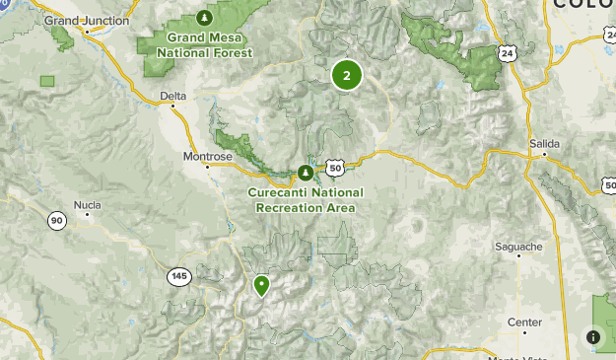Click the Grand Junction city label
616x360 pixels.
pyautogui.click(x=87, y=20)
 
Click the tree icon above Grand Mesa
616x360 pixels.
pyautogui.click(x=204, y=18)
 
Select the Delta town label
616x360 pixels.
pyautogui.click(x=172, y=97)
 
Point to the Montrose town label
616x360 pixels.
pyautogui.click(x=208, y=156)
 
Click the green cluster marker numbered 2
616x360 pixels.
pyautogui.click(x=346, y=75)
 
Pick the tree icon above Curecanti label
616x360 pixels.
pyautogui.click(x=306, y=174)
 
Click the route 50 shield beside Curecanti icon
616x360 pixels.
pyautogui.click(x=335, y=168)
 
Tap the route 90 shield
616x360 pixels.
pyautogui.click(x=57, y=221)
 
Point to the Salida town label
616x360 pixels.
pyautogui.click(x=543, y=143)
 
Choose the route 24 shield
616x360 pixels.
pyautogui.click(x=507, y=52)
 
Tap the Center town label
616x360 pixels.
pyautogui.click(x=524, y=323)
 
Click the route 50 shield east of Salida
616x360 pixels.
pyautogui.click(x=607, y=185)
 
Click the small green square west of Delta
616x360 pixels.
pyautogui.click(x=46, y=81)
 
